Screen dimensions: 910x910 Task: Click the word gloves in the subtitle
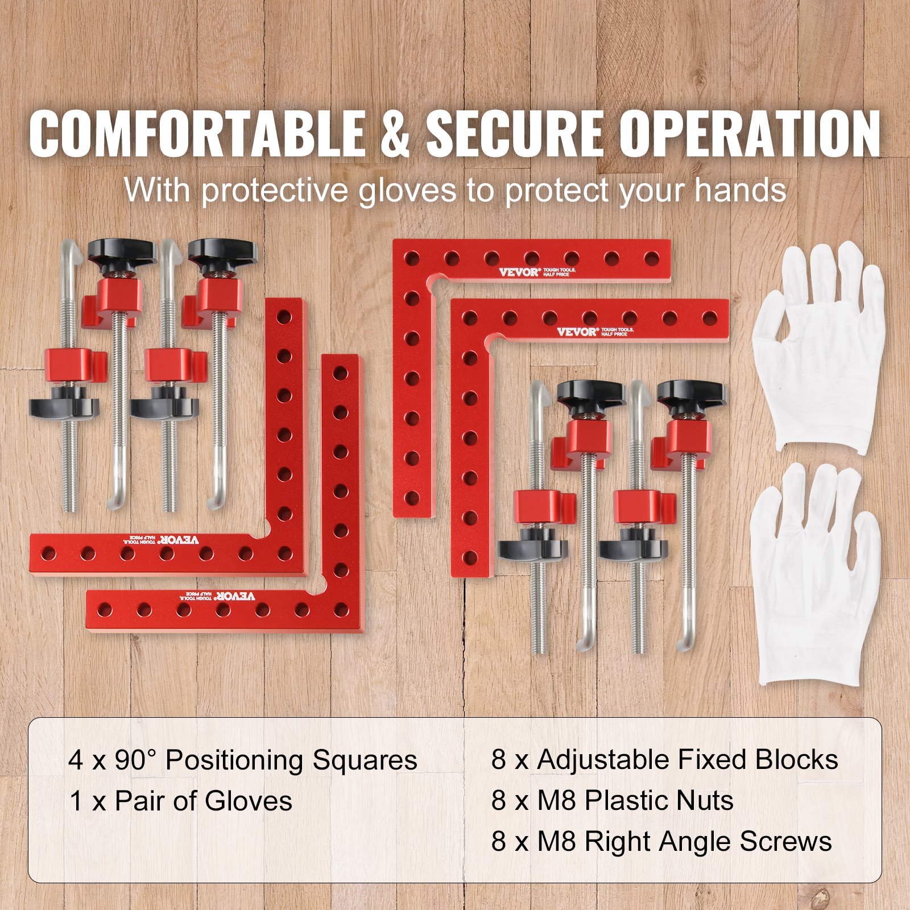click(x=407, y=190)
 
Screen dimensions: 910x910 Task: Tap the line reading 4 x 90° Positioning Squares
click(x=243, y=760)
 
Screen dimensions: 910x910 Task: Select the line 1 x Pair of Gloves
click(x=181, y=801)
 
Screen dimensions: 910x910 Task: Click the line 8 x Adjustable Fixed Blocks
click(x=664, y=760)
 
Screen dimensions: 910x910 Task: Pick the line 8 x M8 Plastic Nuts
click(x=612, y=801)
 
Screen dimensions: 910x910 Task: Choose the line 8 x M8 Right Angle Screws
click(x=661, y=842)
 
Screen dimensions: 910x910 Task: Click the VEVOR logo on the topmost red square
click(x=518, y=272)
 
